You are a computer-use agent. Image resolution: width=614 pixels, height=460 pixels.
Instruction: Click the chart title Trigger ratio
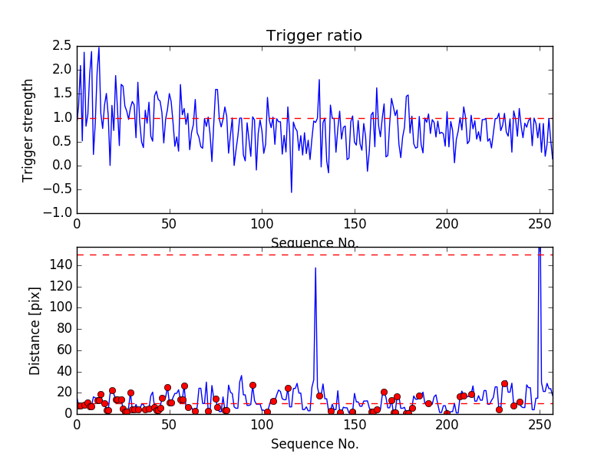tap(314, 35)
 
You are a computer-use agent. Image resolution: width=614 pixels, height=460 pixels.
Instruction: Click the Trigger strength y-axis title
tap(28, 130)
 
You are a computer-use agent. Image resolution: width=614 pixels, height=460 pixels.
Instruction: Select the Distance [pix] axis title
tap(35, 331)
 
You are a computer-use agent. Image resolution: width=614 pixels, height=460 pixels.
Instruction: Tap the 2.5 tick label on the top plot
tap(62, 46)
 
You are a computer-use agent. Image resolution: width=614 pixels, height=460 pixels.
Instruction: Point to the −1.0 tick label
tap(58, 213)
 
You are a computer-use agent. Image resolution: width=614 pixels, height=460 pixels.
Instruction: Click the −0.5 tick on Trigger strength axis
tap(58, 189)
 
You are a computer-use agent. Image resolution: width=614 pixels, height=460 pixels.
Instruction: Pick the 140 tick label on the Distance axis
tap(61, 265)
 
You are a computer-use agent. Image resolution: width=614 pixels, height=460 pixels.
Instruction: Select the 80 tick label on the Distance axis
tap(64, 329)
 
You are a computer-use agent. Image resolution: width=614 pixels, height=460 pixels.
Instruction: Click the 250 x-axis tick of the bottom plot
tap(540, 425)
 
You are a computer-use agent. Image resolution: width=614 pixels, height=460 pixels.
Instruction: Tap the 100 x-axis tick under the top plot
tap(262, 224)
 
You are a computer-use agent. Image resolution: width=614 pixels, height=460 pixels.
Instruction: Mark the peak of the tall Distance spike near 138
tap(315, 268)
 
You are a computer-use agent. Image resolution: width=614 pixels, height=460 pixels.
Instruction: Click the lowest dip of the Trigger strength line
tap(292, 192)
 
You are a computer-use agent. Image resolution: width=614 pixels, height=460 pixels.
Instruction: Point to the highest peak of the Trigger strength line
tap(99, 48)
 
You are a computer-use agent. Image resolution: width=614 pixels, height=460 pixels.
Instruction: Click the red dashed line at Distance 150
tap(315, 255)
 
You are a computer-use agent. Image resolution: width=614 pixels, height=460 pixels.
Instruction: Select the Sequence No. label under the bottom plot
tap(315, 444)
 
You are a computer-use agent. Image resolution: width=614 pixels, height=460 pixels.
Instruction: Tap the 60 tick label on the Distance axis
tap(64, 350)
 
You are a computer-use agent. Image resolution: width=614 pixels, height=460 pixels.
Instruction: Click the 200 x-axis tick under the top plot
tap(447, 224)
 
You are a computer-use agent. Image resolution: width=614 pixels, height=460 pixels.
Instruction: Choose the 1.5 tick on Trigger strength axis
tap(62, 94)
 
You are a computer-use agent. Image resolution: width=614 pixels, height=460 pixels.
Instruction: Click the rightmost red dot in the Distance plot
tap(520, 402)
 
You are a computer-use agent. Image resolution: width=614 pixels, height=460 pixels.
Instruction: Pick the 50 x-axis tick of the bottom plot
tap(169, 425)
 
